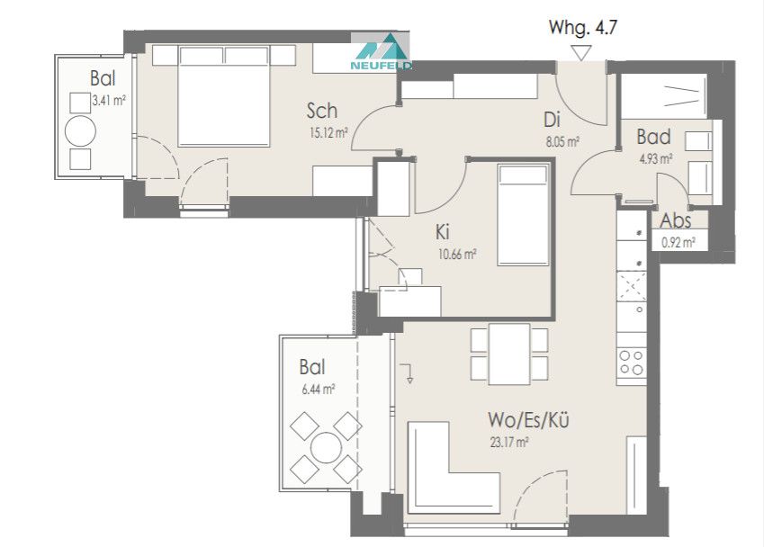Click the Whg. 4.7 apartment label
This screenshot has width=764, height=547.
[x=583, y=28]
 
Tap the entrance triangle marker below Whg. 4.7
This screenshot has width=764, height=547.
[x=580, y=52]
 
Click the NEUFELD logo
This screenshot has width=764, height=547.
[x=381, y=51]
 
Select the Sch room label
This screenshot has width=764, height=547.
[x=321, y=111]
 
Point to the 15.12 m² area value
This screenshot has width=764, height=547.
[x=328, y=132]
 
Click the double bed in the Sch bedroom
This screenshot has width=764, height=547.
[x=224, y=96]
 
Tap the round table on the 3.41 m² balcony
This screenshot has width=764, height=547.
[x=80, y=130]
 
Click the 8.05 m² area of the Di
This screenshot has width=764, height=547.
[x=562, y=142]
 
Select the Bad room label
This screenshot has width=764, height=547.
[x=653, y=137]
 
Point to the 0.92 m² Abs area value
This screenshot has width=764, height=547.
[x=679, y=242]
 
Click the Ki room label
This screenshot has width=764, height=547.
[x=443, y=232]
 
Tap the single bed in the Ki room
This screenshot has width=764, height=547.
[x=524, y=215]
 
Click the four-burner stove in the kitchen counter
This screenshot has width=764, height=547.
[x=632, y=362]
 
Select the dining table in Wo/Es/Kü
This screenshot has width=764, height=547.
[x=509, y=354]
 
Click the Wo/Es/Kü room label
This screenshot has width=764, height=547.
[x=528, y=419]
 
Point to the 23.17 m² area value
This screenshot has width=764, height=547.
[x=509, y=443]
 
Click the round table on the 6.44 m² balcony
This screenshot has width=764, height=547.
[x=326, y=448]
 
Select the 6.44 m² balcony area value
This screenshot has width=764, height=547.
[x=319, y=390]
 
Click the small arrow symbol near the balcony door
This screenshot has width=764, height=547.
[x=407, y=372]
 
